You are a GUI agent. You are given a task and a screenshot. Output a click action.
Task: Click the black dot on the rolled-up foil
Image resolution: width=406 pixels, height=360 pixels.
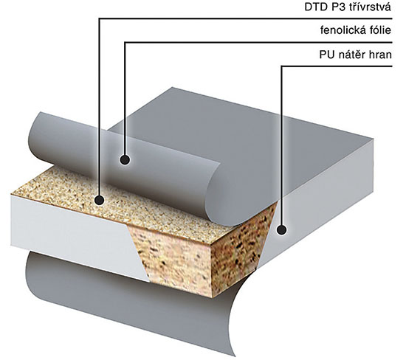pos(125,160)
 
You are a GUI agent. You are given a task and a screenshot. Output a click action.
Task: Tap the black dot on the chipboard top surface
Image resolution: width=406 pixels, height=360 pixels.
pos(99,201)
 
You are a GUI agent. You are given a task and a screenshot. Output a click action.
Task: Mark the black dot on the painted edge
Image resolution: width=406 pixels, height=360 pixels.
pos(282,230)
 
